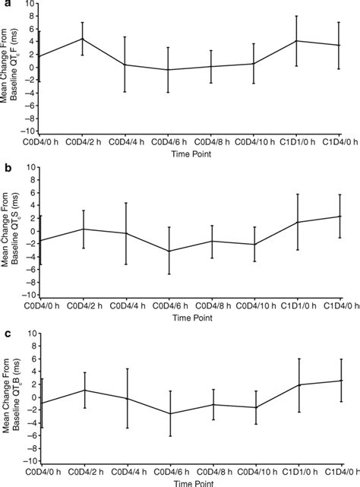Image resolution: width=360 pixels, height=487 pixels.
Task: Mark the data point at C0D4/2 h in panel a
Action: click(x=82, y=39)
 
